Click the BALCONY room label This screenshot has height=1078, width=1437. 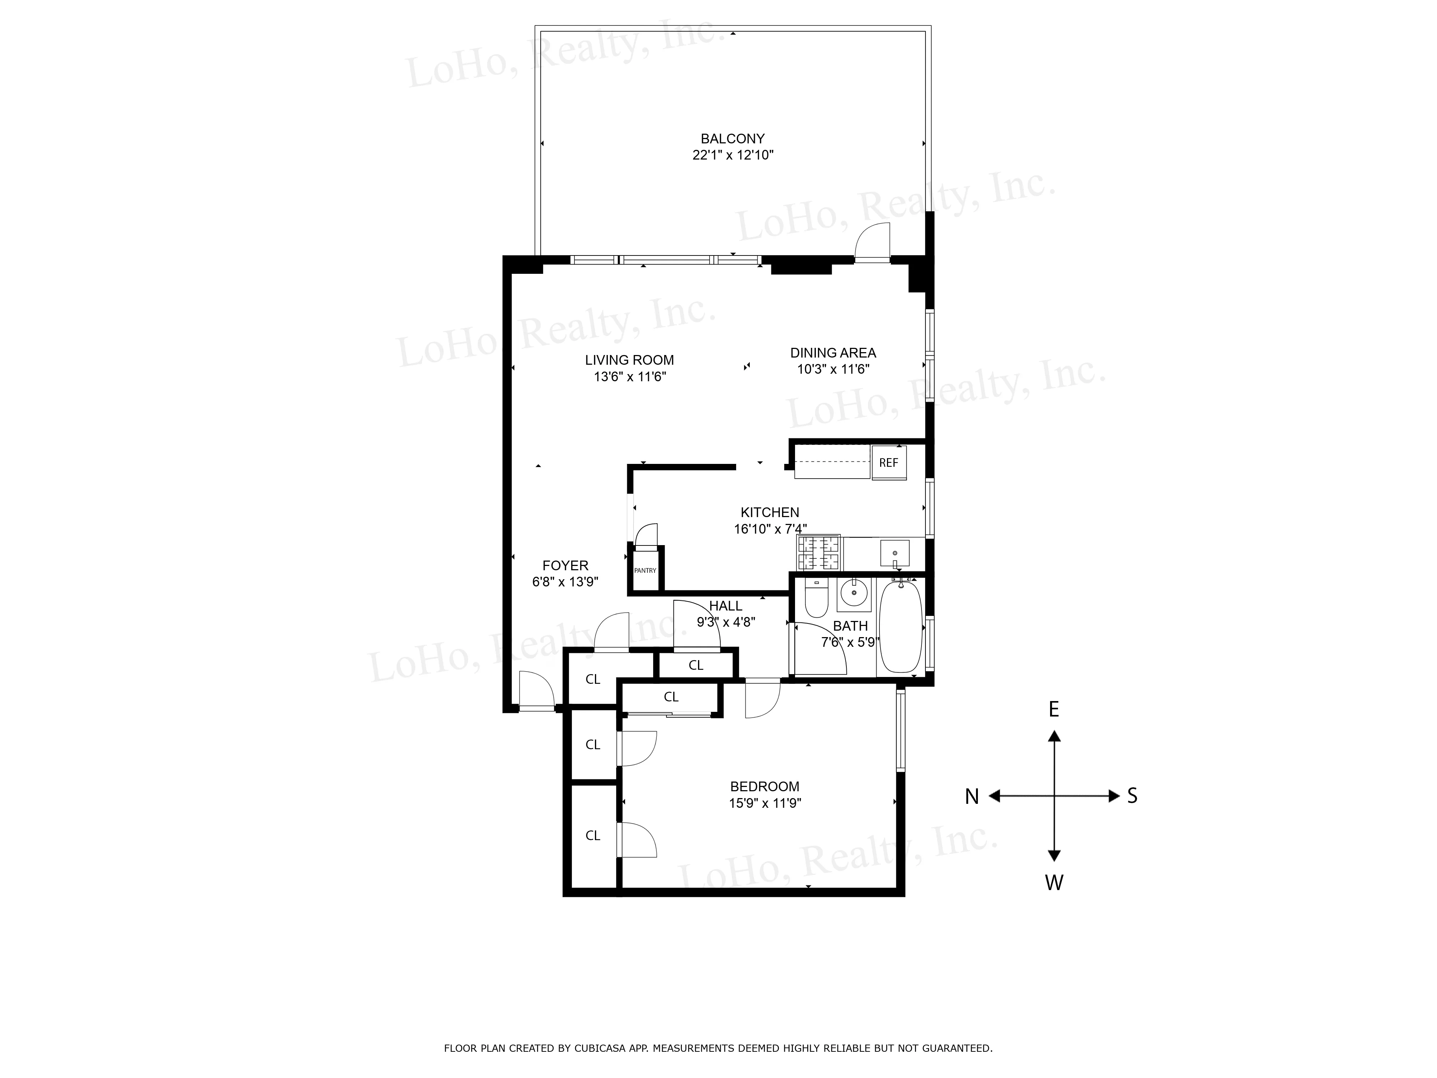coord(732,138)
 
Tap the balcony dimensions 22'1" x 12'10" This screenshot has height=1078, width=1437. coord(732,155)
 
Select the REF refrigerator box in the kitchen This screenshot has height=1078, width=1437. coord(888,463)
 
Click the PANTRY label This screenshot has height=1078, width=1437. coord(645,571)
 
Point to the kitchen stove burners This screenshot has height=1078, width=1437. coord(818,553)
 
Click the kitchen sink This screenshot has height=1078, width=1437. coord(895,553)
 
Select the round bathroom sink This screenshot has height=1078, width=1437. coord(853,593)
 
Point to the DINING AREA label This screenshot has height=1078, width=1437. coord(833,353)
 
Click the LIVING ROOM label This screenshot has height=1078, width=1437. coord(629,360)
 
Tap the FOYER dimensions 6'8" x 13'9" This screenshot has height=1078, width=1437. coord(564,582)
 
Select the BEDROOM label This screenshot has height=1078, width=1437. coord(764,786)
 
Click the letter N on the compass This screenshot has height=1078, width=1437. coord(971,797)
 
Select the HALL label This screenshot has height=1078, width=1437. coord(725,605)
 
